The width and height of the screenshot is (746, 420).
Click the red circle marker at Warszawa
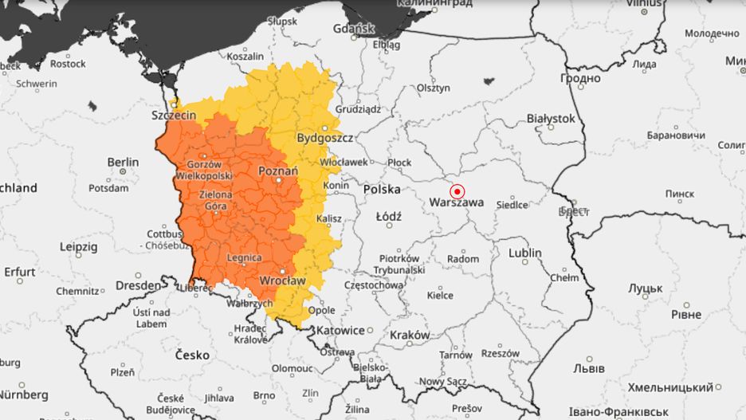(457, 191)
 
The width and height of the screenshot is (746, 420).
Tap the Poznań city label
(278, 171)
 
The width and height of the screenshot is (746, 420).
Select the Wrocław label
(282, 281)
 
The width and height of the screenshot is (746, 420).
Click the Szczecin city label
(174, 116)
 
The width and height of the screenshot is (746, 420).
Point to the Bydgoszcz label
(324, 138)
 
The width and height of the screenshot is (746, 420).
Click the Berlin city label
(123, 163)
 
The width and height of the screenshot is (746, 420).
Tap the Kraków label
(410, 336)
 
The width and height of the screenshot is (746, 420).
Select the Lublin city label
(525, 253)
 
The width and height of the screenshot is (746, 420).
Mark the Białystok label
(551, 118)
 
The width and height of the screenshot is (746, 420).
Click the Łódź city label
(390, 216)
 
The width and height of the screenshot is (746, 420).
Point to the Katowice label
(340, 330)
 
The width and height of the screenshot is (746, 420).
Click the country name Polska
(381, 190)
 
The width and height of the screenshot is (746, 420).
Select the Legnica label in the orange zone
(244, 258)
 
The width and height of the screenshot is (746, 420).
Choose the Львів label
(588, 369)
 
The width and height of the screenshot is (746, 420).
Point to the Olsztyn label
(434, 88)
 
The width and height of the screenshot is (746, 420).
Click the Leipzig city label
(77, 247)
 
